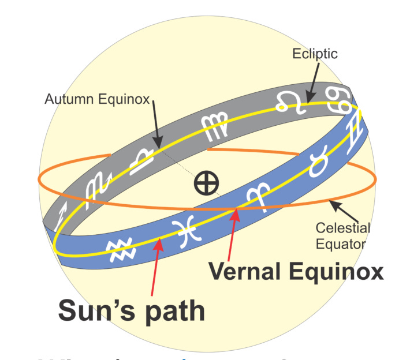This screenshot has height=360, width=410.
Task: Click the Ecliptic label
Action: click(x=315, y=54)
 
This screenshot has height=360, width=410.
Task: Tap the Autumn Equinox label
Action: click(x=96, y=99)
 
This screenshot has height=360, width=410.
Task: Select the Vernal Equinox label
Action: click(x=295, y=271)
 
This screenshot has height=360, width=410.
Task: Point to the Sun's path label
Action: click(x=131, y=310)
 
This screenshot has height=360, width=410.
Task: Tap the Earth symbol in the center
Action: click(x=206, y=184)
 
